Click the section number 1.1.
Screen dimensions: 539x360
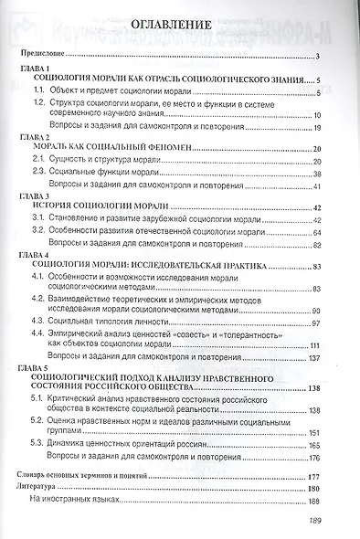pyautogui.click(x=37, y=93)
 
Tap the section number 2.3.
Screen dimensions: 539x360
pyautogui.click(x=37, y=172)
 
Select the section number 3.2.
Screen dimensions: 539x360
pyautogui.click(x=37, y=234)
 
